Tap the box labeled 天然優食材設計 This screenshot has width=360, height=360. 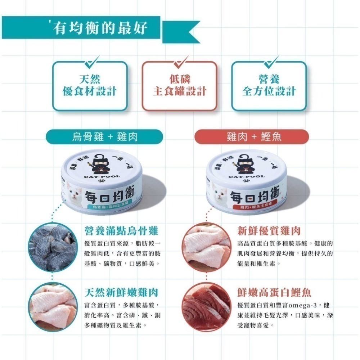[90, 86]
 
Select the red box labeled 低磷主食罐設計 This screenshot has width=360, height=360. [179, 86]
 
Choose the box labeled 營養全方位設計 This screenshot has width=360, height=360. [269, 86]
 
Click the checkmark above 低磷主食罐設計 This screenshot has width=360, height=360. [180, 62]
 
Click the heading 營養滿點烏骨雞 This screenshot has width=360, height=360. [121, 230]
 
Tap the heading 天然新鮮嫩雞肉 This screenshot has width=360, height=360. [121, 292]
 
